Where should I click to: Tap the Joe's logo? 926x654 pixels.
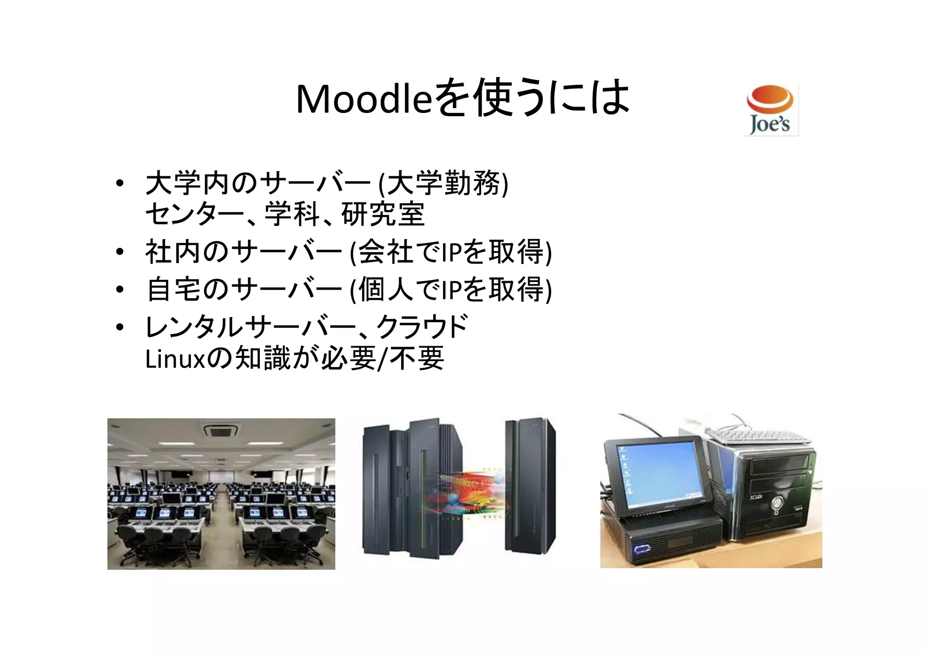coord(771,110)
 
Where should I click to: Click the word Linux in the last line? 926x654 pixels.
coord(175,360)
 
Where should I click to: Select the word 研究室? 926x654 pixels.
coord(383,214)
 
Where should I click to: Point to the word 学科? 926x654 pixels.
coord(293,214)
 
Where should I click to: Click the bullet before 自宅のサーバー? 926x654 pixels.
coord(119,290)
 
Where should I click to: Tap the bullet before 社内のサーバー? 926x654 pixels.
coord(119,252)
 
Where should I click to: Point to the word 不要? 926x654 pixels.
coord(417,359)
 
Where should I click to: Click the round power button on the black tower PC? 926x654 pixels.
coord(777,503)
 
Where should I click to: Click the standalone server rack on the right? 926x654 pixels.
coord(530,486)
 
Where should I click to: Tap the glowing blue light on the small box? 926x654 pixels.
coord(642,550)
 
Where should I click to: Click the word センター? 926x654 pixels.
coord(195,214)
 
